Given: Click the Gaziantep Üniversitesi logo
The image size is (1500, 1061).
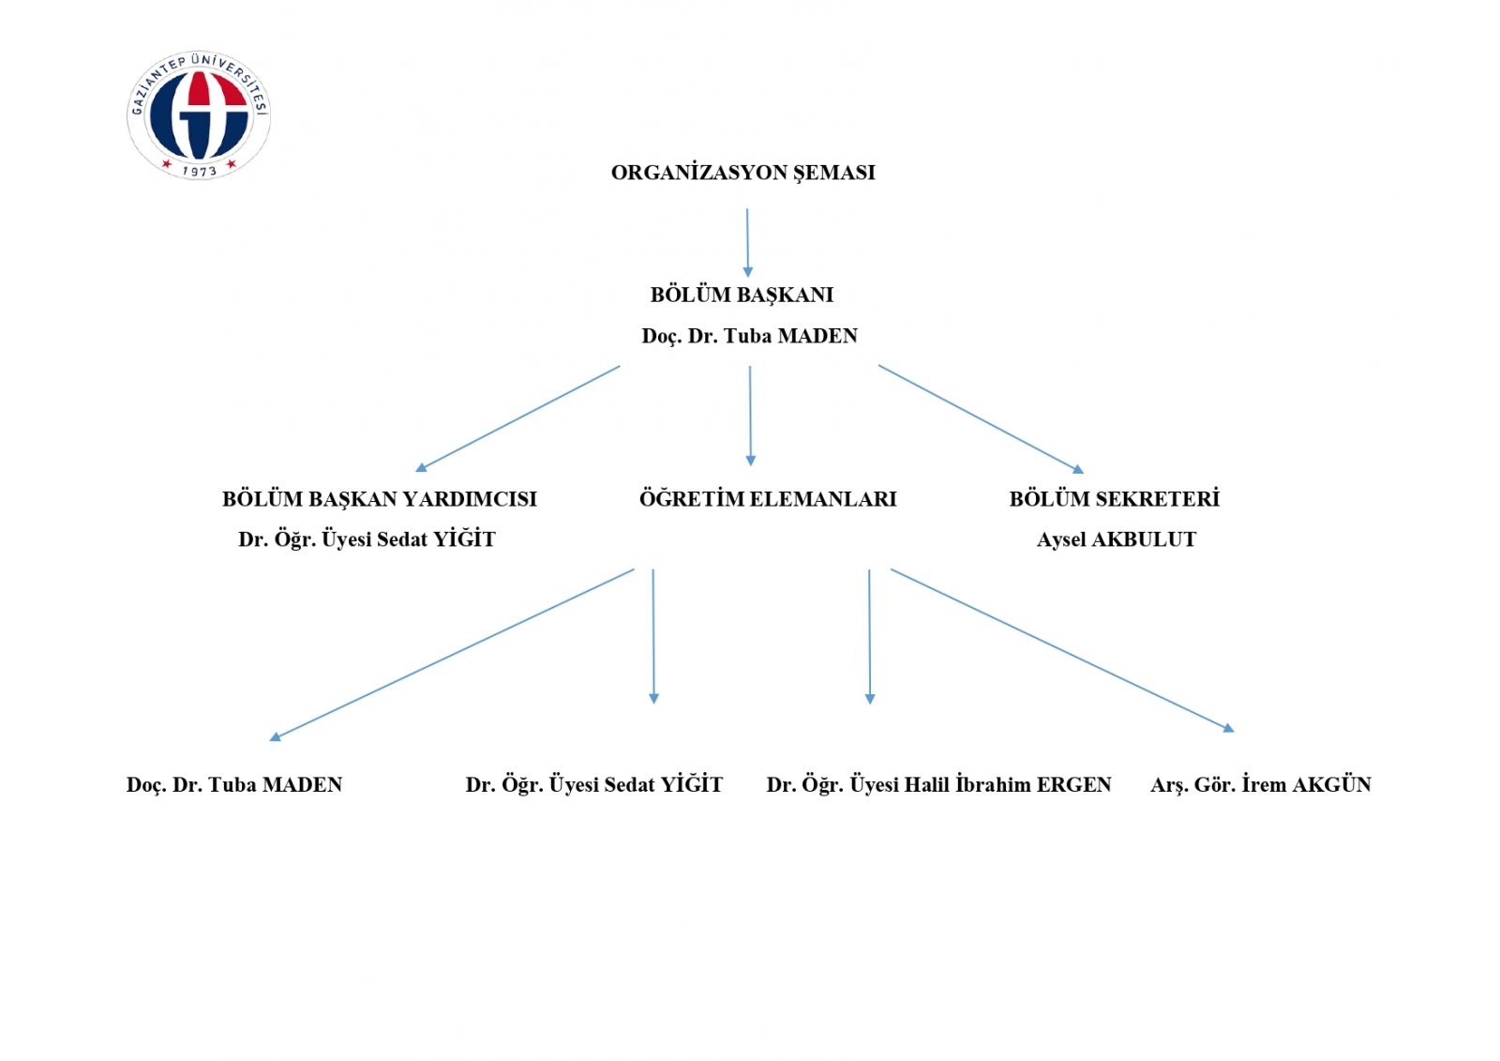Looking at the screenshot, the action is (199, 114).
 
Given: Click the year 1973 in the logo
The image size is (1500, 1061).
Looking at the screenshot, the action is (200, 171).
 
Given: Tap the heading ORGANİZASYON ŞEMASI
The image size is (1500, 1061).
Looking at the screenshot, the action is (743, 174).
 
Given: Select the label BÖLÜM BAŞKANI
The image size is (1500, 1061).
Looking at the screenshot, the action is (742, 295).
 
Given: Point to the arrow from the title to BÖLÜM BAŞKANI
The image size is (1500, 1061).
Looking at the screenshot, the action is (747, 243).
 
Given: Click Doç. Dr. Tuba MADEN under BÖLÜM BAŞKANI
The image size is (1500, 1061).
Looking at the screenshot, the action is (749, 336).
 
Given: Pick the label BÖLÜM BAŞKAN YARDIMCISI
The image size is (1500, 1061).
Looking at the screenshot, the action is (380, 499).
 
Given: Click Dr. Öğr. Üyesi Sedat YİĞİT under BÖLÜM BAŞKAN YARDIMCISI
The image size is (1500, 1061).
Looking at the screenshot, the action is (367, 539).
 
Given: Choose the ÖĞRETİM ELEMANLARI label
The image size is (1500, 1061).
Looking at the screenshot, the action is (768, 499).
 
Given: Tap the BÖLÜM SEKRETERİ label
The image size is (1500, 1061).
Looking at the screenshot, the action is (1115, 499).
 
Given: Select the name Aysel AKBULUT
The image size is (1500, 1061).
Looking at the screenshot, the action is (1117, 539).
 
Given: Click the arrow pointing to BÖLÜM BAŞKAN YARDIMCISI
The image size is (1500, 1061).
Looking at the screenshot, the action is (517, 419).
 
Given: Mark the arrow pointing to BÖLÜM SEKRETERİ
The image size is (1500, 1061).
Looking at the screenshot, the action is (981, 419).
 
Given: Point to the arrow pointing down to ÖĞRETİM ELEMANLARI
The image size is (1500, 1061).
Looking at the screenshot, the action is (750, 416).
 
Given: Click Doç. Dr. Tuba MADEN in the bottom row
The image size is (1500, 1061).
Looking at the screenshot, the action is (234, 785).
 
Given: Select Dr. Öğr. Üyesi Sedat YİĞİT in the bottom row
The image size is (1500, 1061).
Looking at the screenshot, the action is (594, 785).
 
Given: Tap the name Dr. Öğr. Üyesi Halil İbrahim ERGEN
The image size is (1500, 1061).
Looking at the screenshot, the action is (938, 785).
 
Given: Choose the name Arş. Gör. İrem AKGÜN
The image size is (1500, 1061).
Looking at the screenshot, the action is (1261, 785).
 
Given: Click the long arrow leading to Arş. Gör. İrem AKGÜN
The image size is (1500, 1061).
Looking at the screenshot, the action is (1063, 651).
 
